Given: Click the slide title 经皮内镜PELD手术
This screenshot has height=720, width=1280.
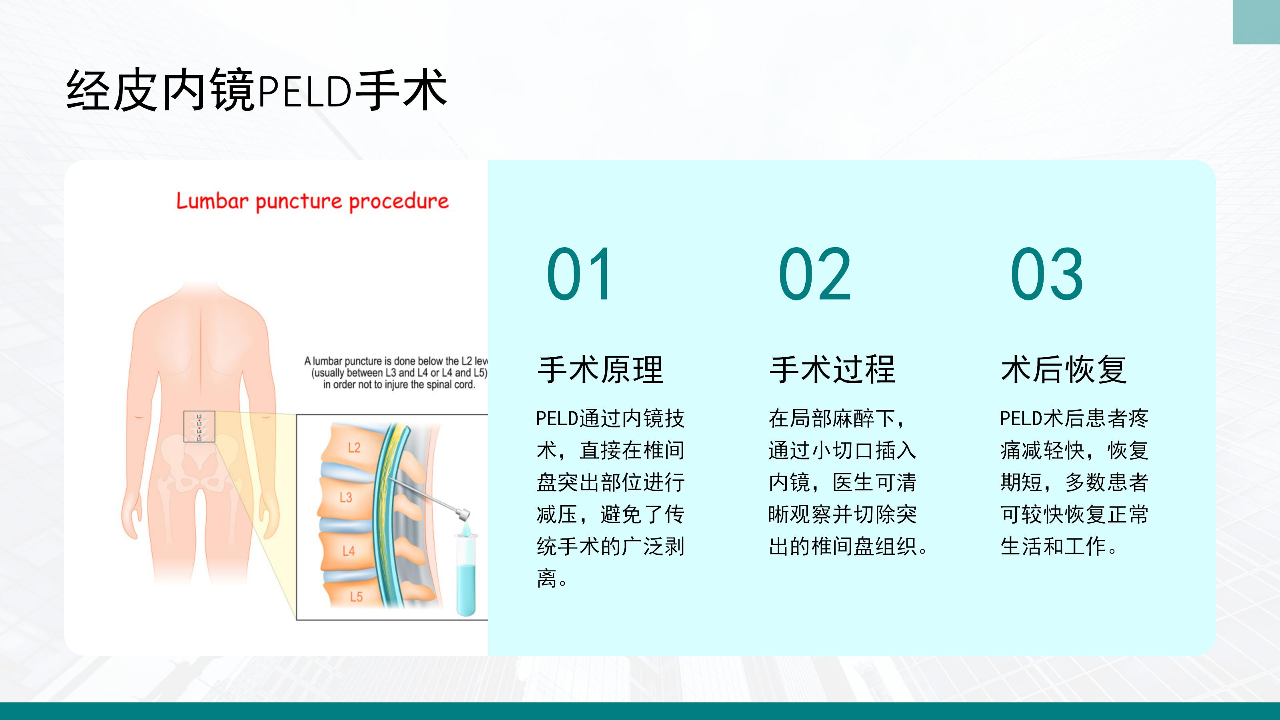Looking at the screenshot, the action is pyautogui.click(x=256, y=90).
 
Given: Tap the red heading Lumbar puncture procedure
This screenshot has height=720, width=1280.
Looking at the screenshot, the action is pyautogui.click(x=312, y=202).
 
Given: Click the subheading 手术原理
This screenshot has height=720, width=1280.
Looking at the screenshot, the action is pyautogui.click(x=600, y=370).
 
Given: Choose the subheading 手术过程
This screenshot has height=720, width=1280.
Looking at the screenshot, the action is pyautogui.click(x=832, y=370).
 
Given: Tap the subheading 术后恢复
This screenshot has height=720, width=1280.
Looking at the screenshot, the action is pyautogui.click(x=1064, y=370).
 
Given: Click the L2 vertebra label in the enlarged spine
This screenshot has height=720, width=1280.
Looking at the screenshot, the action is pyautogui.click(x=354, y=448).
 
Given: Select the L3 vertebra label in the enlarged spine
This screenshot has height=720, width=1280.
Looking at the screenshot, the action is pyautogui.click(x=346, y=497).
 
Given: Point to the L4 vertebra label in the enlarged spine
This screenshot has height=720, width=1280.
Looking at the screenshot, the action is pyautogui.click(x=348, y=551).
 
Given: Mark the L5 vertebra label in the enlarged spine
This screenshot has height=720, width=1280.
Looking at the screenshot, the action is pyautogui.click(x=356, y=597).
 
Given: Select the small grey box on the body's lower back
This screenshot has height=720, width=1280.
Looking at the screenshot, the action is pyautogui.click(x=199, y=427).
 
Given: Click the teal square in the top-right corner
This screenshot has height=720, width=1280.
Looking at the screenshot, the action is pyautogui.click(x=1256, y=22).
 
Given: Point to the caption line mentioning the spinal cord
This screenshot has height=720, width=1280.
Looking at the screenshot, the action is pyautogui.click(x=399, y=384).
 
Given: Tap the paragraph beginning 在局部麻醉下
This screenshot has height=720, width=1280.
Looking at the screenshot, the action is pyautogui.click(x=848, y=482).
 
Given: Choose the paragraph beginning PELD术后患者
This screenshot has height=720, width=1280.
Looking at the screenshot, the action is pyautogui.click(x=1074, y=482).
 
